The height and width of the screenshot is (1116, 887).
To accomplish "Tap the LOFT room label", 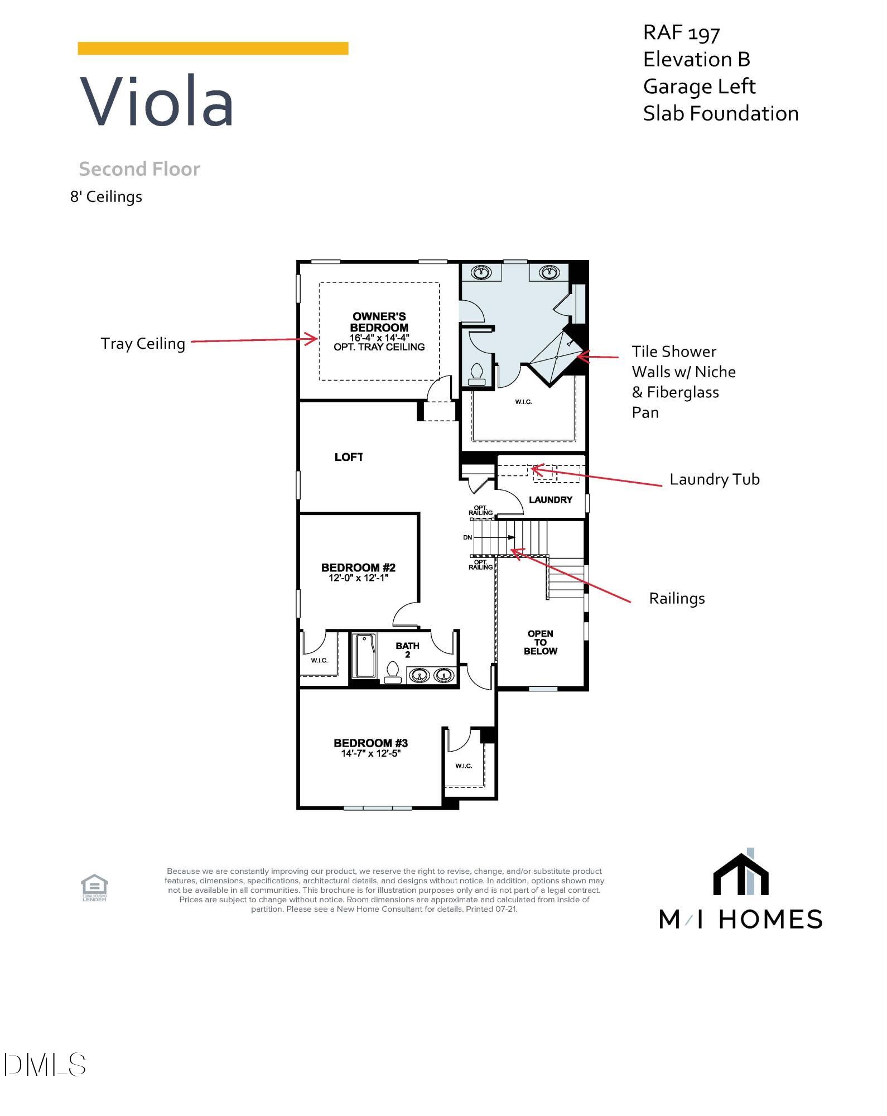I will point(349,457).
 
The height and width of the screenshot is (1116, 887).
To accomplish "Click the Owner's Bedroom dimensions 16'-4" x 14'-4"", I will point(379,338).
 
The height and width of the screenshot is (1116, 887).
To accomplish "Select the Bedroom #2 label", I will point(358,567).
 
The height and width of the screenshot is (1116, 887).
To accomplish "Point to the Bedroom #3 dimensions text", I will point(370,753).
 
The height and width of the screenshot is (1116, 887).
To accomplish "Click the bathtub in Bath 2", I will point(365,656).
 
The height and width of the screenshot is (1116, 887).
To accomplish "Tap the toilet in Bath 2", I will point(393,671).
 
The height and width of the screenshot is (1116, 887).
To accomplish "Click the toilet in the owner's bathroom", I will point(477,374).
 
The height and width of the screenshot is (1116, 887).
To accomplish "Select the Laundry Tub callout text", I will point(714,479).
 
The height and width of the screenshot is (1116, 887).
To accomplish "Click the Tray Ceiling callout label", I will point(143,344).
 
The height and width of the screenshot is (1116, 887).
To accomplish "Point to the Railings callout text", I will point(677,599).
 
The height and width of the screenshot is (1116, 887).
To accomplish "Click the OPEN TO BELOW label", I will point(540,642).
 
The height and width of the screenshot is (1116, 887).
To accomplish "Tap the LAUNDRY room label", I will point(550,499).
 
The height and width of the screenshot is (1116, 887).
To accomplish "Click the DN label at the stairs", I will point(467,537).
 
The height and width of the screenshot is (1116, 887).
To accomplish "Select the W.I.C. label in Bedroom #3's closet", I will point(464,766).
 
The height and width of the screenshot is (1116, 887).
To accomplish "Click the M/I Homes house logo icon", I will point(741,874).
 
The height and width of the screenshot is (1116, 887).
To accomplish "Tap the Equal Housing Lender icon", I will point(94,887).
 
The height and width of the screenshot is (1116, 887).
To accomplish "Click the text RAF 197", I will point(681,33).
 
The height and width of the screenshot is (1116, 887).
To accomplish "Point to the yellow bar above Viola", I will point(213,49).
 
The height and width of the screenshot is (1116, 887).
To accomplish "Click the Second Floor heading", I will point(139,169).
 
